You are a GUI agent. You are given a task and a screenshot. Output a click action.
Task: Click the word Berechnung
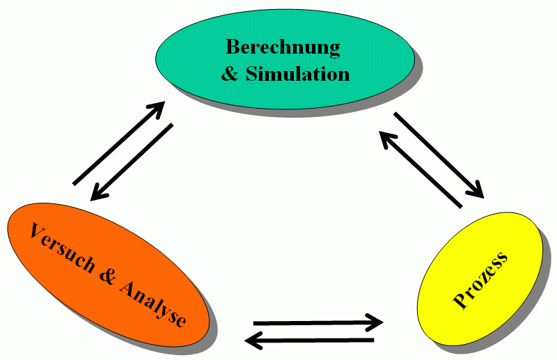click(x=283, y=47)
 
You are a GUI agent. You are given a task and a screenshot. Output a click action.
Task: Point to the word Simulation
click(x=297, y=73)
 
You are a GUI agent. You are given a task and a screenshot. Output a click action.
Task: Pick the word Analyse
click(x=153, y=302)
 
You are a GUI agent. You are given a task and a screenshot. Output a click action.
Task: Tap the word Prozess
click(x=480, y=281)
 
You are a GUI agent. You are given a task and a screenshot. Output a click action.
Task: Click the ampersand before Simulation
click(x=230, y=73)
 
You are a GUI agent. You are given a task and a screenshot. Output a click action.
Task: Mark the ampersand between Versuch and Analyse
click(x=107, y=274)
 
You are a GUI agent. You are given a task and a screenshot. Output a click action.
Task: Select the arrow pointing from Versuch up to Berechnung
click(x=118, y=143)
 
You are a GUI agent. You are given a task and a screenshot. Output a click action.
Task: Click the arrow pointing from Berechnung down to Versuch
click(x=132, y=162)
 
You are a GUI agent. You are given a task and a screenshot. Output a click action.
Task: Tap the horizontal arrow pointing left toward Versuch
click(x=311, y=341)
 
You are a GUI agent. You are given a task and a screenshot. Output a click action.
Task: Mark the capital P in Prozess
click(x=460, y=300)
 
